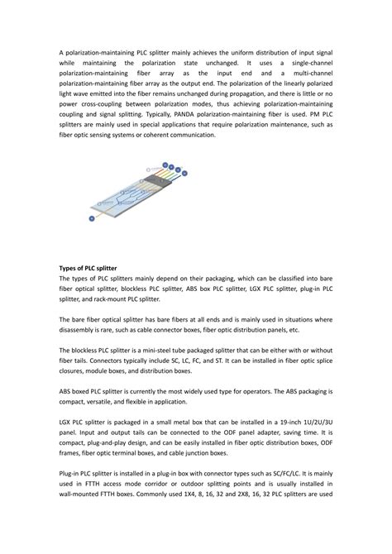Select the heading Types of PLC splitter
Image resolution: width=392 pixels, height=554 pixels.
88,270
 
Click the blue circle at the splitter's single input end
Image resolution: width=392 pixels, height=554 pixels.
92,218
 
